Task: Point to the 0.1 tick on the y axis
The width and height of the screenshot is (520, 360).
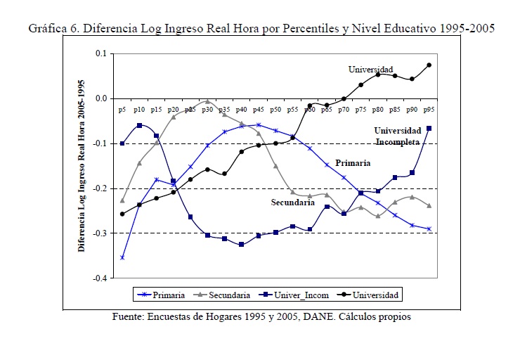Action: tap(100, 53)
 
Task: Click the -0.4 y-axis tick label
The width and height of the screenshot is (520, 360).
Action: tap(98, 278)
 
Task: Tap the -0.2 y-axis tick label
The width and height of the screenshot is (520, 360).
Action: tap(98, 188)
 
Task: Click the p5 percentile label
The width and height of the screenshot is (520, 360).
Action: tap(122, 110)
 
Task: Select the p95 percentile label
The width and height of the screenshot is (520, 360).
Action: tap(429, 110)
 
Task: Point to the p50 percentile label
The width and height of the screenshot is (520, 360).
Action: tap(275, 110)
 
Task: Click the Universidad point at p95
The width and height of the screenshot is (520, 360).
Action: tap(429, 65)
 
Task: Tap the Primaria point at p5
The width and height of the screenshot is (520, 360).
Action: tap(122, 257)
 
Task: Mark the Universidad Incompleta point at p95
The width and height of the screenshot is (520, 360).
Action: tap(429, 128)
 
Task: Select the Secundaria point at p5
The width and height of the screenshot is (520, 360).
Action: tap(122, 200)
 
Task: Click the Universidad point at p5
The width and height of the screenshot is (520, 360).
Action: tap(122, 214)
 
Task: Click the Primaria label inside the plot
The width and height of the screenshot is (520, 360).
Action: tap(353, 162)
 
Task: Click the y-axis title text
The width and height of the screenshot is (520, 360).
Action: tap(82, 166)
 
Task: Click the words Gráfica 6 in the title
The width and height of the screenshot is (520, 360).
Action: tap(53, 29)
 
